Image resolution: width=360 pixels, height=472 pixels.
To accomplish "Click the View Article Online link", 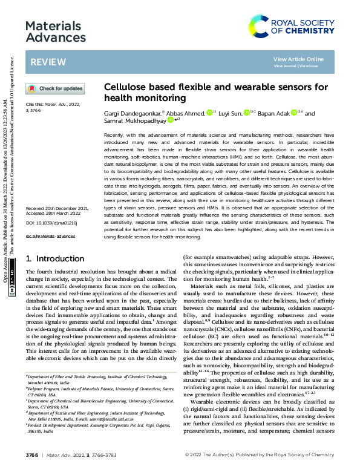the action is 298,59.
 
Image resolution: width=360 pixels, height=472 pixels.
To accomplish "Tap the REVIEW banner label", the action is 44,63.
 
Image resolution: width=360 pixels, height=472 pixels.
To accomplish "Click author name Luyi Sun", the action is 231,113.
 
